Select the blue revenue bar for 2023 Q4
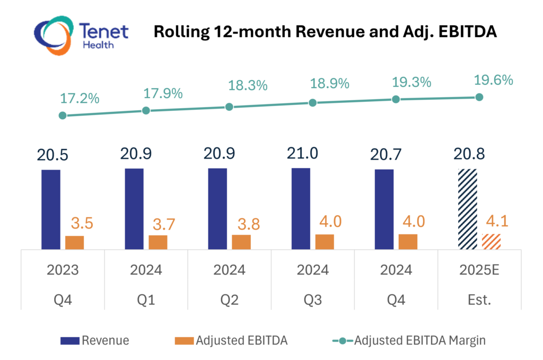(x=51, y=209)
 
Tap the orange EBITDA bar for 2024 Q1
(x=157, y=242)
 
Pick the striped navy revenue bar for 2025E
(x=468, y=209)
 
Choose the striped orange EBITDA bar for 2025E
(x=491, y=241)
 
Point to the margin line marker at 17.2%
(x=63, y=115)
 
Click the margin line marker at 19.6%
(x=479, y=97)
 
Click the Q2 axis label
(x=229, y=300)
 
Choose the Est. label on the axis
(x=479, y=300)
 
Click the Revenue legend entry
(x=105, y=340)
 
